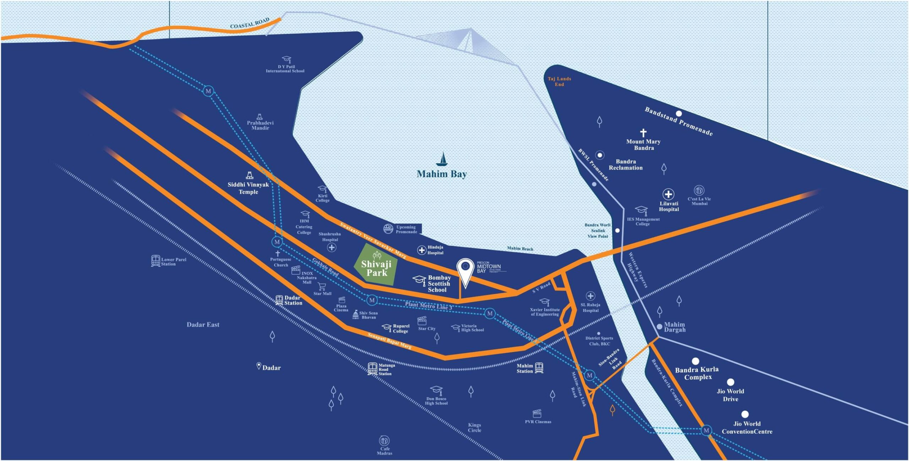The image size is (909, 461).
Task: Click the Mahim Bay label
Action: pyautogui.click(x=441, y=174)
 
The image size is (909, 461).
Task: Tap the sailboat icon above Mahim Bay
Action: pyautogui.click(x=442, y=159)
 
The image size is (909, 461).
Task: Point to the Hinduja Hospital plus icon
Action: pyautogui.click(x=421, y=250)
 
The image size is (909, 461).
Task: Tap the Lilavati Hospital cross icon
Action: pyautogui.click(x=668, y=194)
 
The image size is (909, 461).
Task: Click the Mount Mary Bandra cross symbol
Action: pyautogui.click(x=643, y=133)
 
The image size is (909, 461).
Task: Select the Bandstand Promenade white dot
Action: pyautogui.click(x=679, y=114)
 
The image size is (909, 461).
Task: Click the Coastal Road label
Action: pyautogui.click(x=250, y=23)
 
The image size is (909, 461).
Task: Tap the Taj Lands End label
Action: pyautogui.click(x=559, y=81)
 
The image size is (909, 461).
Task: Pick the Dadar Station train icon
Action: pyautogui.click(x=279, y=300)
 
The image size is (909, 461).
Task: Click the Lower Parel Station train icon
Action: pyautogui.click(x=156, y=261)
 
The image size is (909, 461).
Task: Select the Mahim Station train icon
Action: pyautogui.click(x=539, y=368)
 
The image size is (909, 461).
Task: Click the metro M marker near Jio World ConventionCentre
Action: pyautogui.click(x=706, y=430)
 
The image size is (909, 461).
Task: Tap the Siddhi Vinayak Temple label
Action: pyautogui.click(x=248, y=188)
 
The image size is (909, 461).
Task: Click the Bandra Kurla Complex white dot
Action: pyautogui.click(x=695, y=361)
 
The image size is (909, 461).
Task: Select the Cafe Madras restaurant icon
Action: pyautogui.click(x=384, y=441)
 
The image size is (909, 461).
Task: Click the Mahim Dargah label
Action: pyautogui.click(x=675, y=327)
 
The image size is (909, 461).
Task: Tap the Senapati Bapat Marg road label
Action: pyautogui.click(x=389, y=341)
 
